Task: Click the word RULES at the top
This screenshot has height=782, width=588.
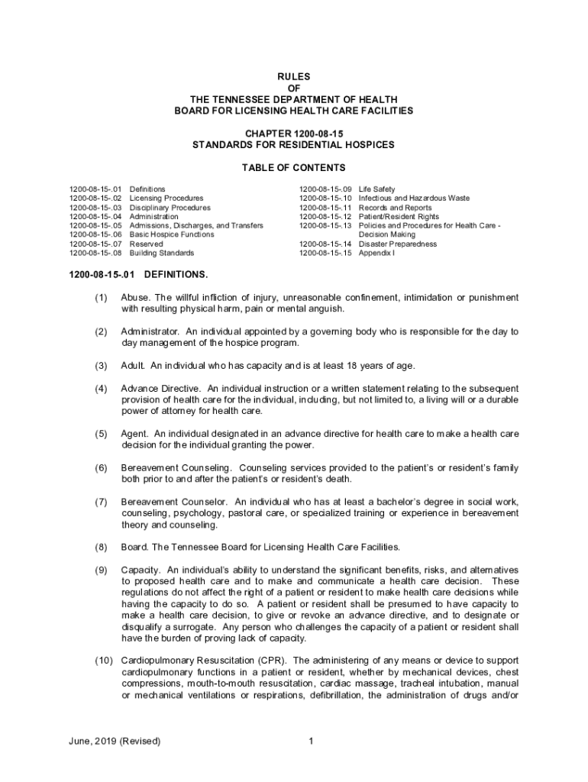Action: coord(294,77)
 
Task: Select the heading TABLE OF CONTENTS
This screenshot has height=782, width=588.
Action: coord(294,168)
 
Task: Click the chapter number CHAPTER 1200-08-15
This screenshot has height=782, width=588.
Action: coord(294,134)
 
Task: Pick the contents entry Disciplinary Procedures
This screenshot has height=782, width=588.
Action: coord(170,208)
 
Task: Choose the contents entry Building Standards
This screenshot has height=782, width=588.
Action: coord(160,253)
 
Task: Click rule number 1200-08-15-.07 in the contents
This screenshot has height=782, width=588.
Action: coord(95,244)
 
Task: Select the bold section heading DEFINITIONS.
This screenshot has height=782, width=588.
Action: coord(176,273)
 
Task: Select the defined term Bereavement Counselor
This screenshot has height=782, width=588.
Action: coord(174,502)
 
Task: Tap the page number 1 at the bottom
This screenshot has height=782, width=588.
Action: coord(312,742)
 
